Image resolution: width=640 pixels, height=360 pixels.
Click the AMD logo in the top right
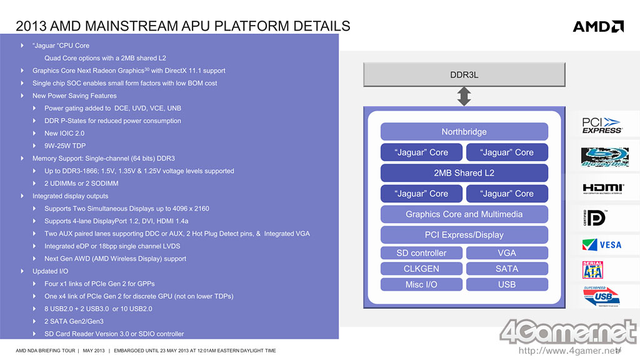pyautogui.click(x=598, y=26)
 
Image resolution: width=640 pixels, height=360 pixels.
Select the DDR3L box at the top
pyautogui.click(x=464, y=75)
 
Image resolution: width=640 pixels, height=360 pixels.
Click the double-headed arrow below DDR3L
pyautogui.click(x=464, y=96)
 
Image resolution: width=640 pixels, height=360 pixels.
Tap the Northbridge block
pyautogui.click(x=464, y=132)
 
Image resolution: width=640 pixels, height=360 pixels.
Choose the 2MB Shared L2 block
pyautogui.click(x=464, y=173)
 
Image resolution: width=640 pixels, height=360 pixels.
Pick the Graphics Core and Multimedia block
pyautogui.click(x=464, y=214)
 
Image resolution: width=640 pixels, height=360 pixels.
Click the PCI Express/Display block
pyautogui.click(x=464, y=235)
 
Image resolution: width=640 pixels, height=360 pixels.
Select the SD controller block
pyautogui.click(x=421, y=253)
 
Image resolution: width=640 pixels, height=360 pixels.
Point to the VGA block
pyautogui.click(x=507, y=253)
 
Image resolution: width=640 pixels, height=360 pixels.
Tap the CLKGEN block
pyautogui.click(x=421, y=269)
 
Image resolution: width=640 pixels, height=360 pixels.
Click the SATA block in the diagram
pyautogui.click(x=507, y=269)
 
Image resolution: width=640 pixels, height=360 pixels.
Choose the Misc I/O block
pyautogui.click(x=421, y=284)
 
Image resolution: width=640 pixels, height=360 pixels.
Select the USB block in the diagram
pyautogui.click(x=507, y=284)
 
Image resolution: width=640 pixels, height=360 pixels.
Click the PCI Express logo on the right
pyautogui.click(x=602, y=126)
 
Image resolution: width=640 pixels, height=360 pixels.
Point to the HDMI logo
pyautogui.click(x=602, y=188)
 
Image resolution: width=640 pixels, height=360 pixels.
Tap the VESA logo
pyautogui.click(x=602, y=244)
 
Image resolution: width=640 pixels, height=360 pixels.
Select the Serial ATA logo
pyautogui.click(x=592, y=270)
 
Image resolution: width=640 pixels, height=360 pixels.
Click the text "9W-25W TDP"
pyautogui.click(x=65, y=146)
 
